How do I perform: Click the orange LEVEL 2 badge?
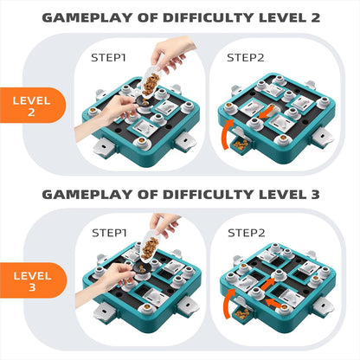(x=32, y=106)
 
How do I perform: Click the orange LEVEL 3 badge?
(x=32, y=280)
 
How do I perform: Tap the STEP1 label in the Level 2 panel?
(x=108, y=58)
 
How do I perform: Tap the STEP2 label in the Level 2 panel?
(x=246, y=58)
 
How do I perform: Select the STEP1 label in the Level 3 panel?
(x=109, y=233)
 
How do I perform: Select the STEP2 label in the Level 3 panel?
(x=247, y=233)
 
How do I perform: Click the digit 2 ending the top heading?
(x=315, y=18)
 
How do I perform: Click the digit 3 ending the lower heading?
(x=315, y=195)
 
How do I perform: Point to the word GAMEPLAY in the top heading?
(x=87, y=18)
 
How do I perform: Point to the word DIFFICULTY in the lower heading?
(x=208, y=195)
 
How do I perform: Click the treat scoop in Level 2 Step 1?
(x=150, y=83)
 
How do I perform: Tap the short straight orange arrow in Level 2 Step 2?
(x=267, y=112)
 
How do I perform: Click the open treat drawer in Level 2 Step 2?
(x=241, y=144)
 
